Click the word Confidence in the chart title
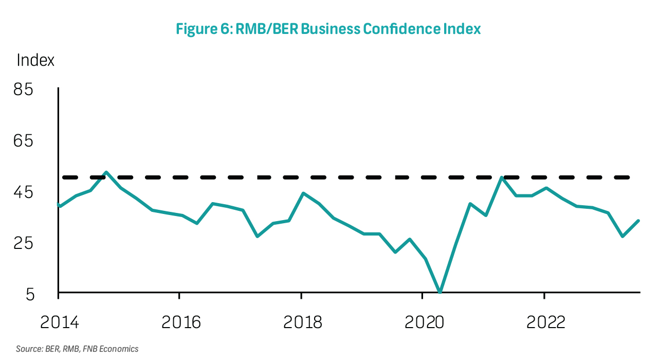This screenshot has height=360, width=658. point(394,29)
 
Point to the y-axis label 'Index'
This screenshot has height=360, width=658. point(35,60)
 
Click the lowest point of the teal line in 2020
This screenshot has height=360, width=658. point(440,292)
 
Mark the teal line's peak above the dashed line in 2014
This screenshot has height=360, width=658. point(106,172)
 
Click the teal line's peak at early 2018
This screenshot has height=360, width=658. point(303,193)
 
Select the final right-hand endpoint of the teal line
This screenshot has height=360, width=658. point(638,221)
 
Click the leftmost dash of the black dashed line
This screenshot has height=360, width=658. point(69,177)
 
